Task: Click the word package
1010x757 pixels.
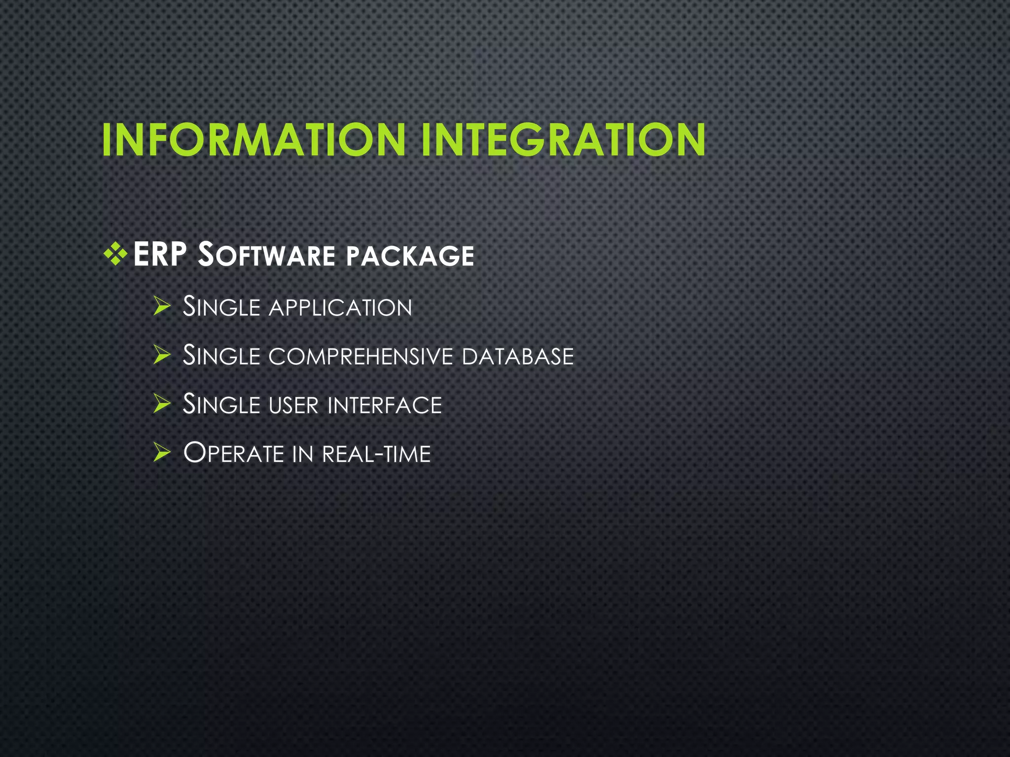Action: coord(410,256)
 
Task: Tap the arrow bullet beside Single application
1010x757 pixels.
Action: coord(161,306)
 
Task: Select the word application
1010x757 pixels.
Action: coord(340,308)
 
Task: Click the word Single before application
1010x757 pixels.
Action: coord(221,307)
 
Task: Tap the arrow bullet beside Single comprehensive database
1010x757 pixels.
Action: coord(161,355)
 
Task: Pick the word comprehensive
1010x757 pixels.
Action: coord(361,356)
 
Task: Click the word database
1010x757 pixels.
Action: coord(518,356)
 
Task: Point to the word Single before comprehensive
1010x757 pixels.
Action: coord(221,355)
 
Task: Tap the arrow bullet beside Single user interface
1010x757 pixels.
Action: coord(161,404)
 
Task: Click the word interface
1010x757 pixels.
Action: coord(385,405)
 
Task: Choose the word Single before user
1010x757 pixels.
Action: coord(221,404)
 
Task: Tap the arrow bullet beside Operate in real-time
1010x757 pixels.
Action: coord(161,452)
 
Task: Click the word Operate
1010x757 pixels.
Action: coord(233,453)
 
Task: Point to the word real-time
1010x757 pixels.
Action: coord(376,454)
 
